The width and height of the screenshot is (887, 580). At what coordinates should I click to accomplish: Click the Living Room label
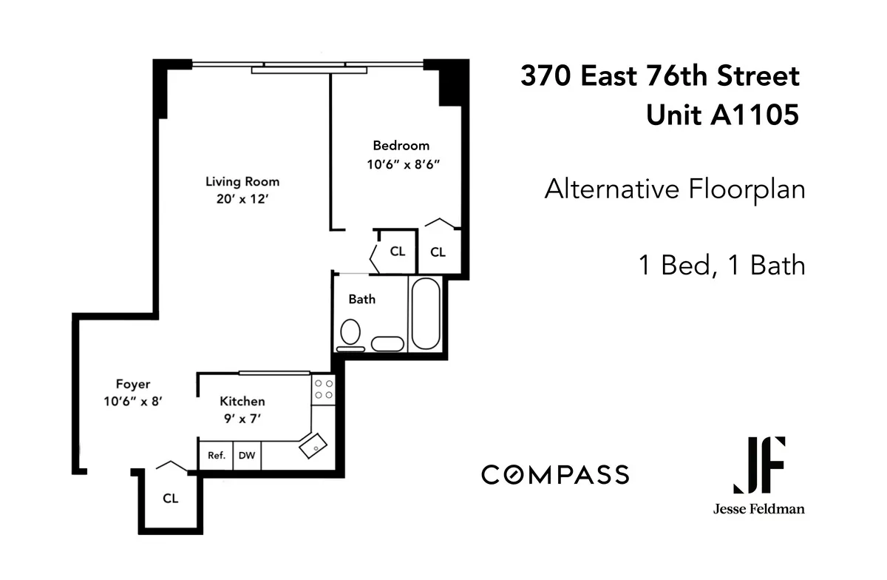(x=242, y=181)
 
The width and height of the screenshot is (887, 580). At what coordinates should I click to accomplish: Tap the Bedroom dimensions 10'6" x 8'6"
(x=403, y=165)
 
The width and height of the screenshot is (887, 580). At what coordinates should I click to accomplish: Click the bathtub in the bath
(x=425, y=314)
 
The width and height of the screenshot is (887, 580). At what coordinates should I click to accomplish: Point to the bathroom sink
(x=387, y=343)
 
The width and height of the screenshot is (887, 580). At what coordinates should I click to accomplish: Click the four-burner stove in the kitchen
(x=323, y=389)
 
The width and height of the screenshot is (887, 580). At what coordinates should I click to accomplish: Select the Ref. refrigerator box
(x=216, y=456)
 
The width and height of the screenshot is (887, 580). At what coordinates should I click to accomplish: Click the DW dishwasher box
(x=247, y=456)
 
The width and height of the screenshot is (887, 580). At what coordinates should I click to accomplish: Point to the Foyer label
(x=133, y=384)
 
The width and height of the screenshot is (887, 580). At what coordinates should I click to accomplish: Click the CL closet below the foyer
(x=170, y=499)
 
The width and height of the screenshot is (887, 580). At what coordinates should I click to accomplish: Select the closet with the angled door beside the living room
(x=397, y=252)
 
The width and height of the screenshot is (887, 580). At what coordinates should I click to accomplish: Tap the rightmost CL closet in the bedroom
(x=438, y=252)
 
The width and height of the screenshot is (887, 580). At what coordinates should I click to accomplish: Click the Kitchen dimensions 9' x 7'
(x=242, y=419)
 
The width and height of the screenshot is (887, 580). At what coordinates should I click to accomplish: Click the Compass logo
(x=555, y=474)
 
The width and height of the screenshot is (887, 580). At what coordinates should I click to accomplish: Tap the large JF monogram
(x=759, y=465)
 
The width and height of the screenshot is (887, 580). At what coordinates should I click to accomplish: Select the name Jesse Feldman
(x=759, y=509)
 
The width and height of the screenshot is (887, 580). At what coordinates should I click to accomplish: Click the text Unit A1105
(x=722, y=115)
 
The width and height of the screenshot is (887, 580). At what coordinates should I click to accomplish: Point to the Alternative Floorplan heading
(x=674, y=189)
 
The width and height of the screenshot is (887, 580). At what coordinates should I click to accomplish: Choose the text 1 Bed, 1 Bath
(x=721, y=265)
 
